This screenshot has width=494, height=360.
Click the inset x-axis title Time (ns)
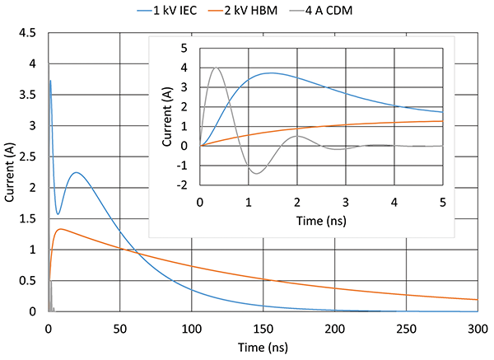point(322,222)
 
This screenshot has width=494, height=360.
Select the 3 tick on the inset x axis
point(347,201)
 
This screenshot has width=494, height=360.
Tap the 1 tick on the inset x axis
point(249,201)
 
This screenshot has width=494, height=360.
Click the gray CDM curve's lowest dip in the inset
point(258,173)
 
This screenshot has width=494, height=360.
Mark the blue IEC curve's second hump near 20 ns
point(76,173)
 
